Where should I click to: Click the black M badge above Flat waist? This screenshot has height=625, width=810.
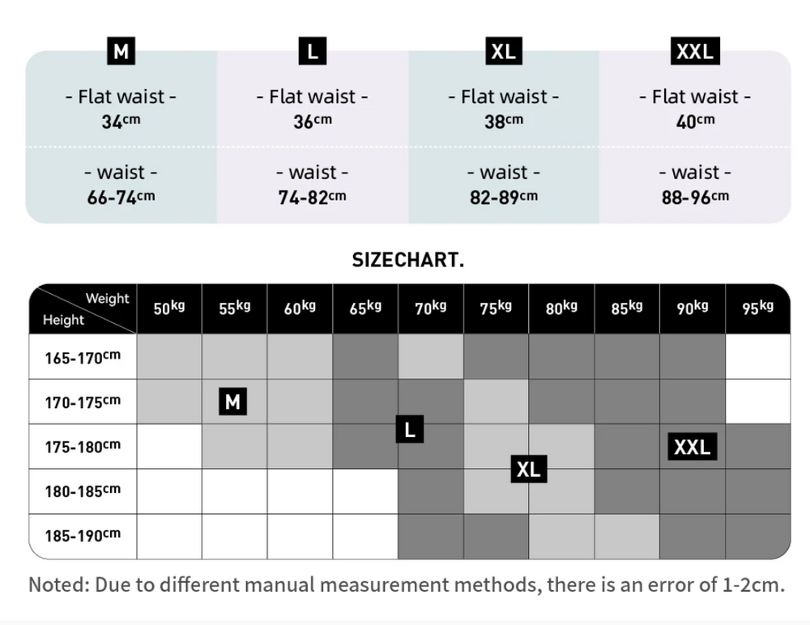click(121, 52)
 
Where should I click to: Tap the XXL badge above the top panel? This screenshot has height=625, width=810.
click(694, 52)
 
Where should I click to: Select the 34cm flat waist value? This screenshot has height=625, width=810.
click(121, 121)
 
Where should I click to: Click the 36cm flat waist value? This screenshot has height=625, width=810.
click(312, 121)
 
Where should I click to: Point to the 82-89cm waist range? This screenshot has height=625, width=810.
click(503, 197)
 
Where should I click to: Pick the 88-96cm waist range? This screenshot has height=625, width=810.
click(694, 197)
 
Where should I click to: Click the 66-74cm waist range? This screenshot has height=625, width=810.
click(121, 197)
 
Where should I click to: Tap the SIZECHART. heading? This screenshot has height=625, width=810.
click(407, 260)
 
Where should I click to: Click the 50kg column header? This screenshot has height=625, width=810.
click(169, 308)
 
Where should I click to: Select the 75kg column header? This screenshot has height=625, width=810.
click(496, 308)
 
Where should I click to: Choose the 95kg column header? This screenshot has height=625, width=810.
click(757, 308)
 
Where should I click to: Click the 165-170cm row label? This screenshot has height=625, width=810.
click(82, 357)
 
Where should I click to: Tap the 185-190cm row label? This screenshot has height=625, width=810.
click(82, 536)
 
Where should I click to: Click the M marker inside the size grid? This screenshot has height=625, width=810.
click(232, 402)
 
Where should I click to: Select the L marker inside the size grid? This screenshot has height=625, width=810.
click(409, 429)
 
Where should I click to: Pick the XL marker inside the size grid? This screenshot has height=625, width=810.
click(528, 469)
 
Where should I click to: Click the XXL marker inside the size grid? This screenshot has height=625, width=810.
click(692, 446)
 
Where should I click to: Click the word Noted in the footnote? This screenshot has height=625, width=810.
click(58, 585)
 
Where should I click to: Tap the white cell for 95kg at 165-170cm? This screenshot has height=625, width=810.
click(757, 356)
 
